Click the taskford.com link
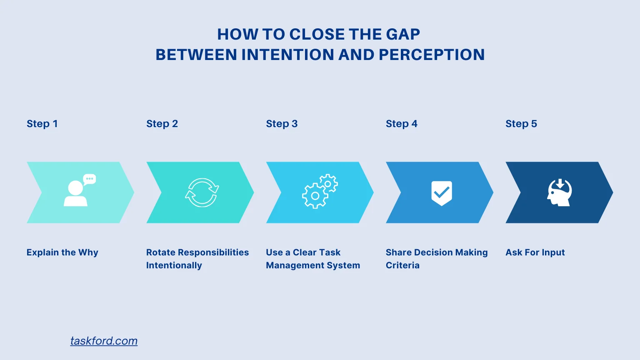(x=104, y=341)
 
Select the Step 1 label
(x=42, y=124)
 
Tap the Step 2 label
(x=162, y=124)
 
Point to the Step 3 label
(x=282, y=124)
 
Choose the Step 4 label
(x=401, y=124)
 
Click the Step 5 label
(x=521, y=124)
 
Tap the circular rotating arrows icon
(x=202, y=192)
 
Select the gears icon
(x=320, y=192)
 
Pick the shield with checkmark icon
(x=442, y=193)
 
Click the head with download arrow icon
(x=559, y=192)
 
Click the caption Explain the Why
(x=62, y=252)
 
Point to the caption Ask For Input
(x=535, y=252)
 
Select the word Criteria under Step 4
(x=402, y=265)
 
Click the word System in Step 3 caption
(x=344, y=265)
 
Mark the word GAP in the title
(x=403, y=34)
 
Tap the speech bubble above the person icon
(x=90, y=179)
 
